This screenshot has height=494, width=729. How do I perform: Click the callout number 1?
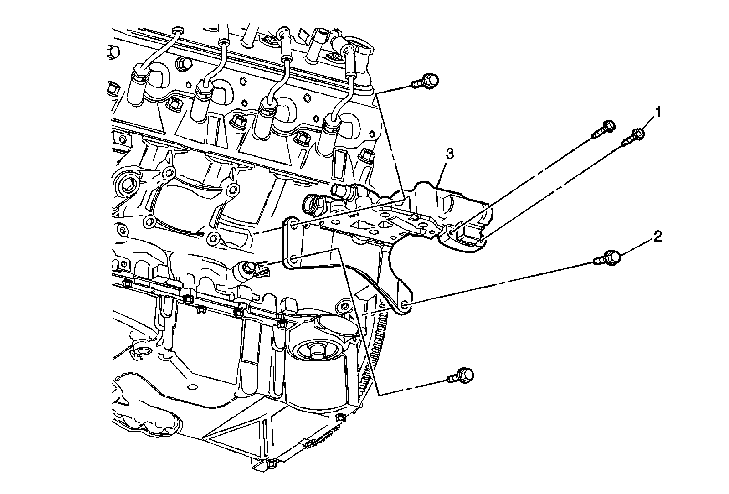[657, 111]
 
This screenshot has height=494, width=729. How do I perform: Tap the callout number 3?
[449, 154]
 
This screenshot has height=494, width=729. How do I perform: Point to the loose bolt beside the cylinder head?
[425, 82]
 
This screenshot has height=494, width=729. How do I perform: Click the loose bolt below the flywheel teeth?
[461, 376]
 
